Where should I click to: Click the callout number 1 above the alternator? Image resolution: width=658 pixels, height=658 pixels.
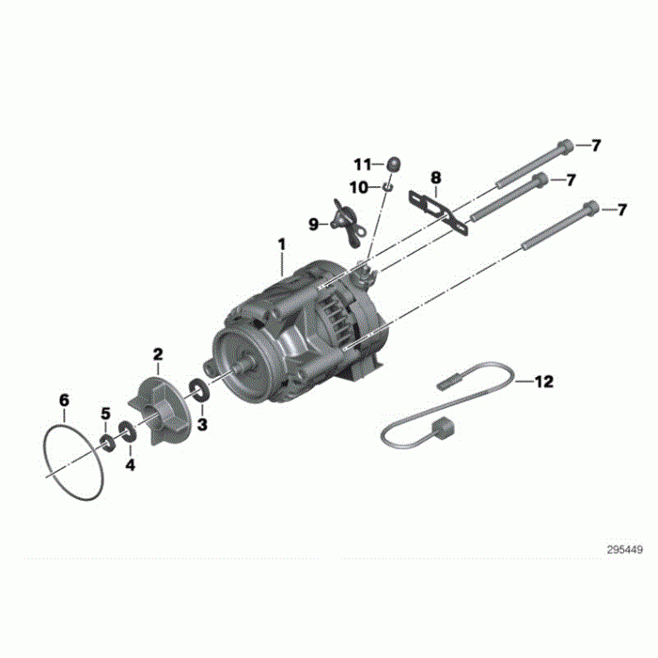(x=281, y=245)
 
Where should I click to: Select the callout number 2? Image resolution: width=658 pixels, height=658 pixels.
(x=158, y=353)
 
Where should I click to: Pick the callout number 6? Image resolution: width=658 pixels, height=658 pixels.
(x=64, y=400)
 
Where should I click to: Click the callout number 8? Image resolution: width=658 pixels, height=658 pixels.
(x=435, y=177)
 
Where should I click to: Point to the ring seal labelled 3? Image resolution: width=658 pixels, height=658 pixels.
(x=200, y=388)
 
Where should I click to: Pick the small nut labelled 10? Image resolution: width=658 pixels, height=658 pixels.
(x=385, y=186)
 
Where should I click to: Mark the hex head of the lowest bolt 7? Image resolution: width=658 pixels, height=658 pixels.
(x=590, y=209)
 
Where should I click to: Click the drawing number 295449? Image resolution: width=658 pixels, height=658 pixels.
(x=623, y=549)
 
